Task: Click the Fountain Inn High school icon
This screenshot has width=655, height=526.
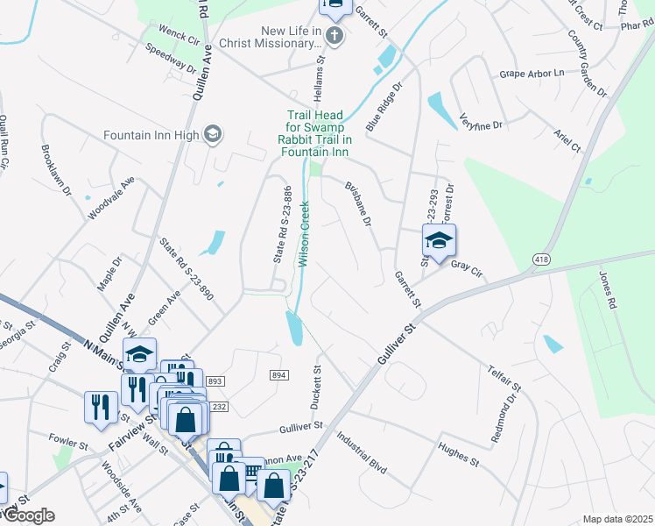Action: point(212,134)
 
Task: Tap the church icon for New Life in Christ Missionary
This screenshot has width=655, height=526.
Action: point(333,36)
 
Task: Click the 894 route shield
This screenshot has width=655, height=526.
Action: point(278,375)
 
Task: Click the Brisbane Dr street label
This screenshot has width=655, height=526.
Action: point(359,203)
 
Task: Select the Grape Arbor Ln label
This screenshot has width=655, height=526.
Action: point(532,74)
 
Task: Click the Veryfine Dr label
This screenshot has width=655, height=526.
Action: point(484,125)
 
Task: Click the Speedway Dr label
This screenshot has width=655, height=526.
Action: point(171,58)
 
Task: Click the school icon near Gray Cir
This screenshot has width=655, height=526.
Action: point(440,239)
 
